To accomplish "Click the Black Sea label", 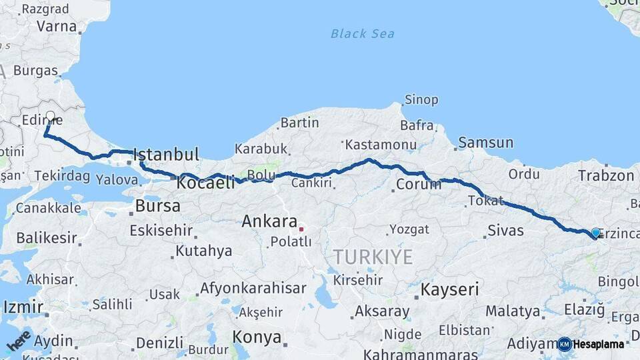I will point(362,33).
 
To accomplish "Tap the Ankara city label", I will point(269,221).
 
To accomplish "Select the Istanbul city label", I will point(167,155).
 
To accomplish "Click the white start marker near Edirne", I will point(50,116).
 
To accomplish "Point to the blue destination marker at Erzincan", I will point(595,233).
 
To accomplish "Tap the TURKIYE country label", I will point(373,257).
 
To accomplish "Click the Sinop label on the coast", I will point(421,100).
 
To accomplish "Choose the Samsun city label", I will point(486,143).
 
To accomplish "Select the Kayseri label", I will point(450,289).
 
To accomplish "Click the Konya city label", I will point(257,337).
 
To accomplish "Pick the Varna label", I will point(57,27).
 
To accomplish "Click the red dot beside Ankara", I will point(301,229).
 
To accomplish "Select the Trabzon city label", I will point(606,176).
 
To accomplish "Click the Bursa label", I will point(157,206).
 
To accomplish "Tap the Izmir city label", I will point(23,307).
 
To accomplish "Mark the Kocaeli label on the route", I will point(206,183).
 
